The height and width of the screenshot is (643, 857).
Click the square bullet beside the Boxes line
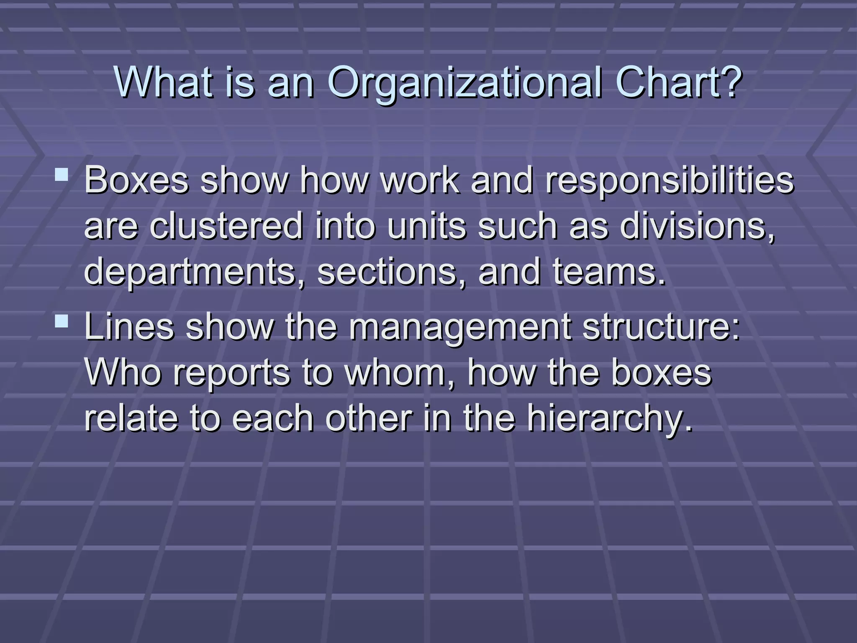click(62, 174)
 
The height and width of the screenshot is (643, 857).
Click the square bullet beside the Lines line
click(62, 321)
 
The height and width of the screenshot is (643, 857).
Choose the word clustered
click(226, 226)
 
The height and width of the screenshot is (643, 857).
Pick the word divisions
click(697, 226)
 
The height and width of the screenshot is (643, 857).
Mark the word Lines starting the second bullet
click(129, 327)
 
